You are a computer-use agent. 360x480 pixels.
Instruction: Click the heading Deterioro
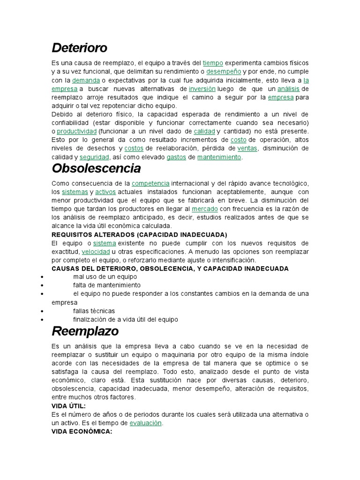click(79, 48)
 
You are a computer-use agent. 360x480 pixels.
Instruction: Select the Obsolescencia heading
click(96, 168)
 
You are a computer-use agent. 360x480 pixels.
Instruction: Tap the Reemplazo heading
click(85, 331)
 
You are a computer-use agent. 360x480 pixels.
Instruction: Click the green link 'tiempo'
click(213, 63)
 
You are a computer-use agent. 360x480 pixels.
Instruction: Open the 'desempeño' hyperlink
click(224, 72)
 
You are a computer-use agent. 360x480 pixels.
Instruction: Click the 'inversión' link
click(202, 89)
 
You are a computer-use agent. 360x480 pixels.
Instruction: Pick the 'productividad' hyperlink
click(77, 131)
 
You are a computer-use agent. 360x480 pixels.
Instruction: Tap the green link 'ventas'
click(247, 149)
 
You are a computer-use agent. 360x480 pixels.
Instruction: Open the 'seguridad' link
click(94, 157)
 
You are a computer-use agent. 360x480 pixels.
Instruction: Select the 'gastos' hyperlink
click(176, 157)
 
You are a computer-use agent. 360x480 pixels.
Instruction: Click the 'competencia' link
click(150, 183)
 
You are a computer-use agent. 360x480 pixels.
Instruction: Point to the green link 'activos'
click(105, 192)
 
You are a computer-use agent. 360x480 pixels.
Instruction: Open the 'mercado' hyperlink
click(205, 209)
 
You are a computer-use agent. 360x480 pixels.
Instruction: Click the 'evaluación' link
click(146, 423)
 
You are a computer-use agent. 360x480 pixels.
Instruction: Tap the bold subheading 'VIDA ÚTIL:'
click(68, 406)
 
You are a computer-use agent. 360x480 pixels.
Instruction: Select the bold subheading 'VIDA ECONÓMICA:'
click(82, 432)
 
